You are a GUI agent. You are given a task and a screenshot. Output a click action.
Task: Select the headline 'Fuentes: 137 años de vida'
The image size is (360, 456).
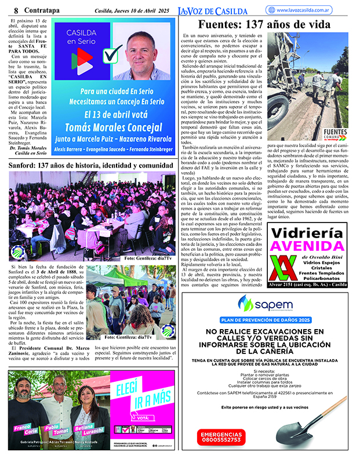(x=264, y=25)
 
